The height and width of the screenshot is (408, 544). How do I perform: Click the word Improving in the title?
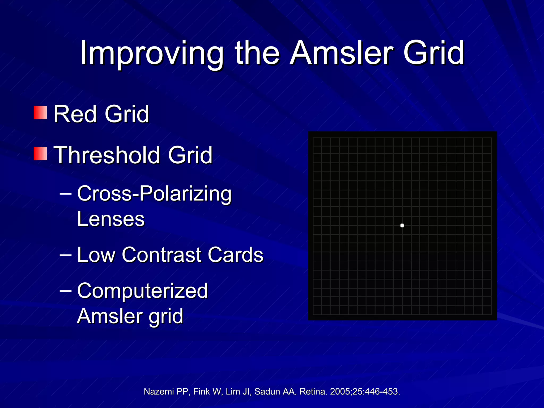point(151,53)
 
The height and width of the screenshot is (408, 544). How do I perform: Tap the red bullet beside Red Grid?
point(40,113)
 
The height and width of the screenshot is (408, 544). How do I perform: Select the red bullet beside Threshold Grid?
point(40,154)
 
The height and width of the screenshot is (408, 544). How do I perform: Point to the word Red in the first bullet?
point(75,114)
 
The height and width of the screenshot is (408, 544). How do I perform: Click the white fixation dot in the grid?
point(402,226)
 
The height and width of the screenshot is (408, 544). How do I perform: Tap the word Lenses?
point(111,219)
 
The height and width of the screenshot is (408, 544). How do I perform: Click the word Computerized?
point(142,291)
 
